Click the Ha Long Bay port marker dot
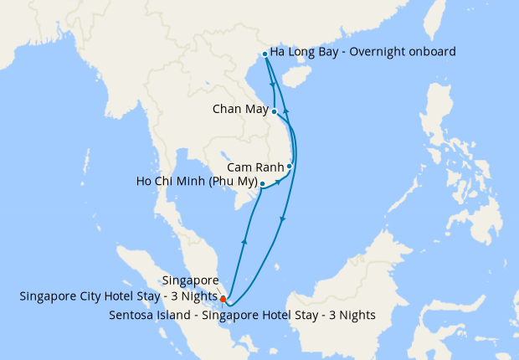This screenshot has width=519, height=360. tap(265, 54)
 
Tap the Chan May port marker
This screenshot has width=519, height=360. tap(275, 111)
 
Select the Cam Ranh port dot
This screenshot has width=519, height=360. tap(290, 166)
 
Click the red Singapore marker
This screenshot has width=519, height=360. tap(223, 298)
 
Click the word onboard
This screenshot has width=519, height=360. tap(432, 52)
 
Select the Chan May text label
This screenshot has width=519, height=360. tap(240, 110)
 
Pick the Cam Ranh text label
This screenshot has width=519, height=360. tap(256, 167)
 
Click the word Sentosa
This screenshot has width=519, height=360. tap(132, 315)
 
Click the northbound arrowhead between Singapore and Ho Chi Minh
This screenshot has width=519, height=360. tap(244, 241)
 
